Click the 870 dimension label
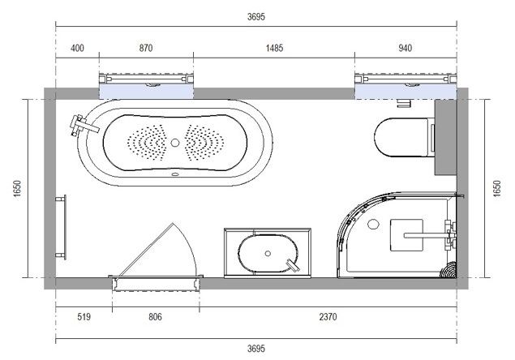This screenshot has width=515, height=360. (146, 49)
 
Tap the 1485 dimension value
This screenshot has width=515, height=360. (274, 49)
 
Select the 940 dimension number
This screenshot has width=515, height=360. (405, 49)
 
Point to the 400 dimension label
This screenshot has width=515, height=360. (77, 49)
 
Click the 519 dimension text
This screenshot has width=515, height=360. (84, 317)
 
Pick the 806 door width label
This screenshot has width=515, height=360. (156, 317)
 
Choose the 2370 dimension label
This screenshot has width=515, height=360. (328, 317)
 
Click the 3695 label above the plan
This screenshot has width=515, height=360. (256, 16)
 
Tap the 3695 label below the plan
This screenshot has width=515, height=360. (256, 348)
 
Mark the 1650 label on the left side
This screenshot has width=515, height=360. (17, 189)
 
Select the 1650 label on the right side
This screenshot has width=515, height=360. (497, 189)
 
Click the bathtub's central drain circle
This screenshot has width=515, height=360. (175, 143)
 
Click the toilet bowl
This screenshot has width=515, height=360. (401, 138)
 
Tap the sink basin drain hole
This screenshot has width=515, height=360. (268, 254)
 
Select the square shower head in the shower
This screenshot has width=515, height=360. (406, 235)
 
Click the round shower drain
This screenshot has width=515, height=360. (373, 225)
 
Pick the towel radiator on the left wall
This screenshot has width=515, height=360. (62, 227)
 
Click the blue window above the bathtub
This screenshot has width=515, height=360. (146, 92)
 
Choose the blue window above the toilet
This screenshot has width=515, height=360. (406, 92)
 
